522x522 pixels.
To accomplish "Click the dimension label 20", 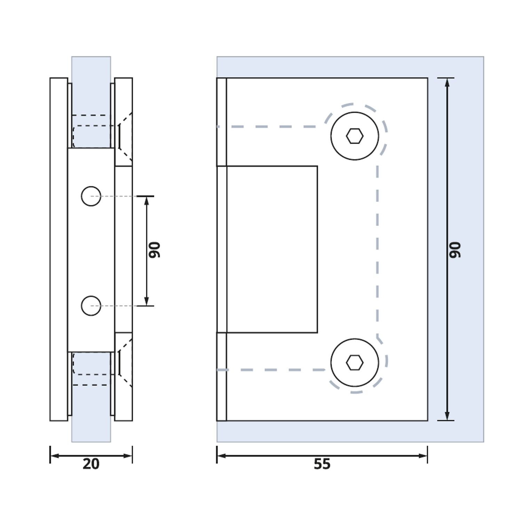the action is (x=91, y=464).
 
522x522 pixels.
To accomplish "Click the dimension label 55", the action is (x=322, y=464).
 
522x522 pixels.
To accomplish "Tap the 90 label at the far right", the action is (x=455, y=250).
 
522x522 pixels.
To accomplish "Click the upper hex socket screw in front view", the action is (x=355, y=136).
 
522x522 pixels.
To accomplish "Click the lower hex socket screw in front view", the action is (x=355, y=363).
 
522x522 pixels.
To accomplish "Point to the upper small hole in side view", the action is (x=91, y=196).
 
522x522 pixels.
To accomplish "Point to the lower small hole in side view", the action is (x=91, y=306).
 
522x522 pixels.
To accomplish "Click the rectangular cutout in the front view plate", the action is (x=272, y=249).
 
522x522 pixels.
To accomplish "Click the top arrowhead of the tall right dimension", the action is (x=447, y=82).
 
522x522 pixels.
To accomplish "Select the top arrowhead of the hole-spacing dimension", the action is (x=147, y=200).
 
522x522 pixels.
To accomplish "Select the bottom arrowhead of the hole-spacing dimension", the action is (x=147, y=302).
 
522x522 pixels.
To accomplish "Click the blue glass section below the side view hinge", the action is (x=91, y=432).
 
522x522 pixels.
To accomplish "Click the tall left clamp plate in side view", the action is (x=59, y=249).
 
